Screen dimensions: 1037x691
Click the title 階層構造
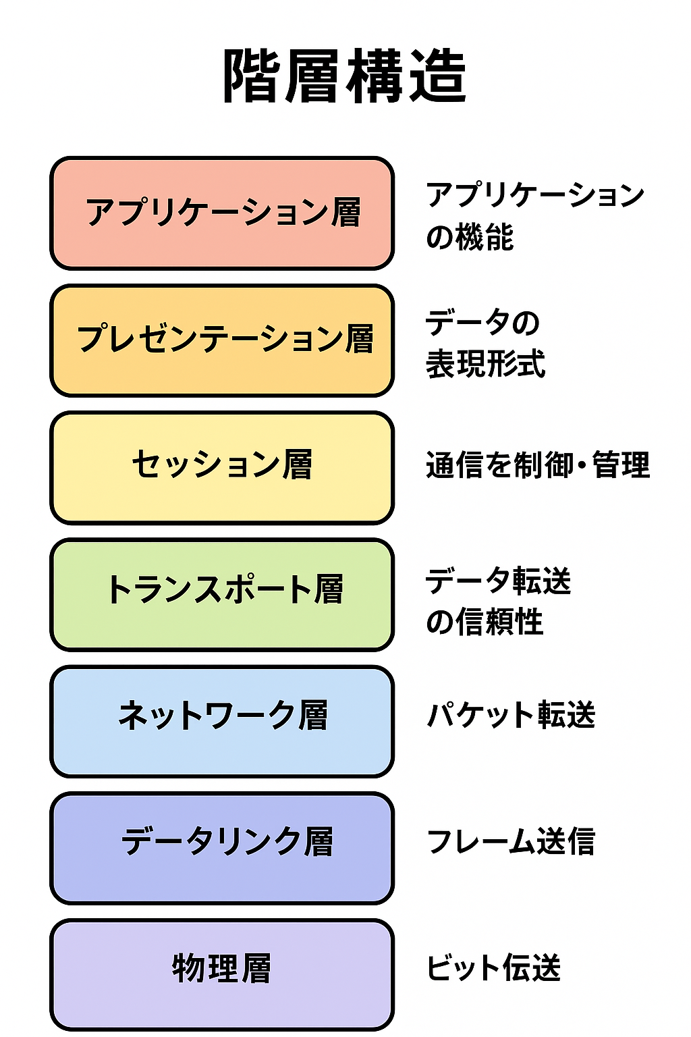345,76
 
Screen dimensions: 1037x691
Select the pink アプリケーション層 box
222,213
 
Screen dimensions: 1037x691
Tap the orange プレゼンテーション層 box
222,340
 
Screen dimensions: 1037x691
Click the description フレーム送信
511,842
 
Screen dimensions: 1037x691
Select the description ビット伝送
493,968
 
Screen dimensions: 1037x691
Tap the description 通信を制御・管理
538,466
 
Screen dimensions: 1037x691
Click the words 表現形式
485,365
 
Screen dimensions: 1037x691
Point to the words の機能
470,238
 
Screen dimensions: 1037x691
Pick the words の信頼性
485,622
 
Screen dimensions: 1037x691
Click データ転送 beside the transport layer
498,581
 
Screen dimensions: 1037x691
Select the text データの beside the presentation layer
482,323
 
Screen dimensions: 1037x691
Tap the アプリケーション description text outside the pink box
535,196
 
